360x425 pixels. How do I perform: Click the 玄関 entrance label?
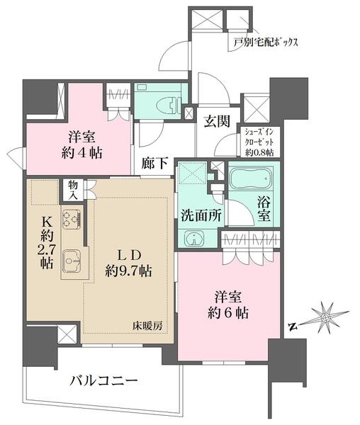215,121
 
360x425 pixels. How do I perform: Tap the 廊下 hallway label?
154,162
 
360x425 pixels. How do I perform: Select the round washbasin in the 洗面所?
192,239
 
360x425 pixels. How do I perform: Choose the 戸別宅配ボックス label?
265,42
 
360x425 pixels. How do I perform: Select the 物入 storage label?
73,188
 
